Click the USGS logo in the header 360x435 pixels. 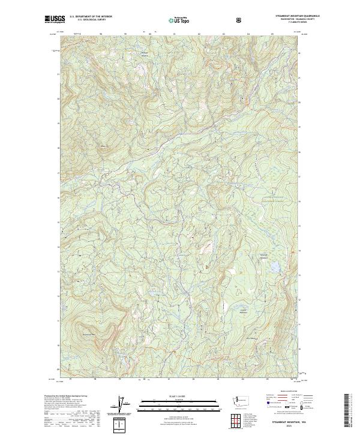tap(53, 20)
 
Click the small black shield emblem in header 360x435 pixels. tap(239, 20)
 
